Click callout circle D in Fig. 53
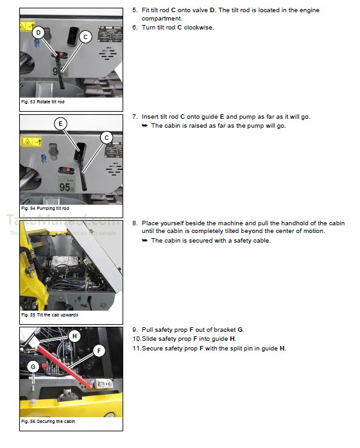[38, 32]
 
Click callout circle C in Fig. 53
[85, 37]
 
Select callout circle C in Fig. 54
[107, 137]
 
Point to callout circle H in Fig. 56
[74, 336]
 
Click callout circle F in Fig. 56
[99, 350]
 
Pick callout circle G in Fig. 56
[33, 367]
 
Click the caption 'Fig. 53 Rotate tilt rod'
[43, 102]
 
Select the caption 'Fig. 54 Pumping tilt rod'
[44, 209]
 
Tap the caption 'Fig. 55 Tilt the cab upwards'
[48, 316]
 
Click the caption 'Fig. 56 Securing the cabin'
[46, 422]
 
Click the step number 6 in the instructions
[135, 28]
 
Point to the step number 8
[135, 223]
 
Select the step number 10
[136, 339]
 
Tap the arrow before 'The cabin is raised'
[145, 126]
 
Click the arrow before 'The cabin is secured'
[145, 241]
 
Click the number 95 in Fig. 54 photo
[65, 187]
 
